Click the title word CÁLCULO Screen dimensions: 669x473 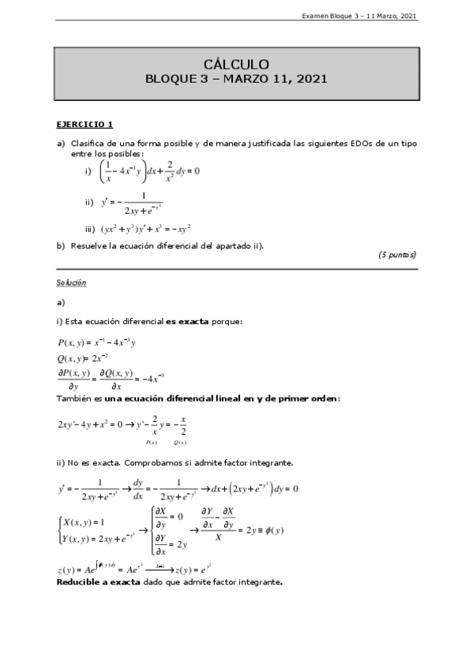(x=236, y=65)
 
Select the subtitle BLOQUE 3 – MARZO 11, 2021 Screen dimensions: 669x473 (x=236, y=79)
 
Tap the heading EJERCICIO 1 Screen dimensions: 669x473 (x=84, y=124)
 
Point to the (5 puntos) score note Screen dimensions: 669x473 (x=396, y=255)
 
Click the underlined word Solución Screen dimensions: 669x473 (x=71, y=282)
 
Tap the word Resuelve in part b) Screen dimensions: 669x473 (x=89, y=245)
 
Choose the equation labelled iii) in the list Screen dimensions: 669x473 (x=145, y=229)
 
